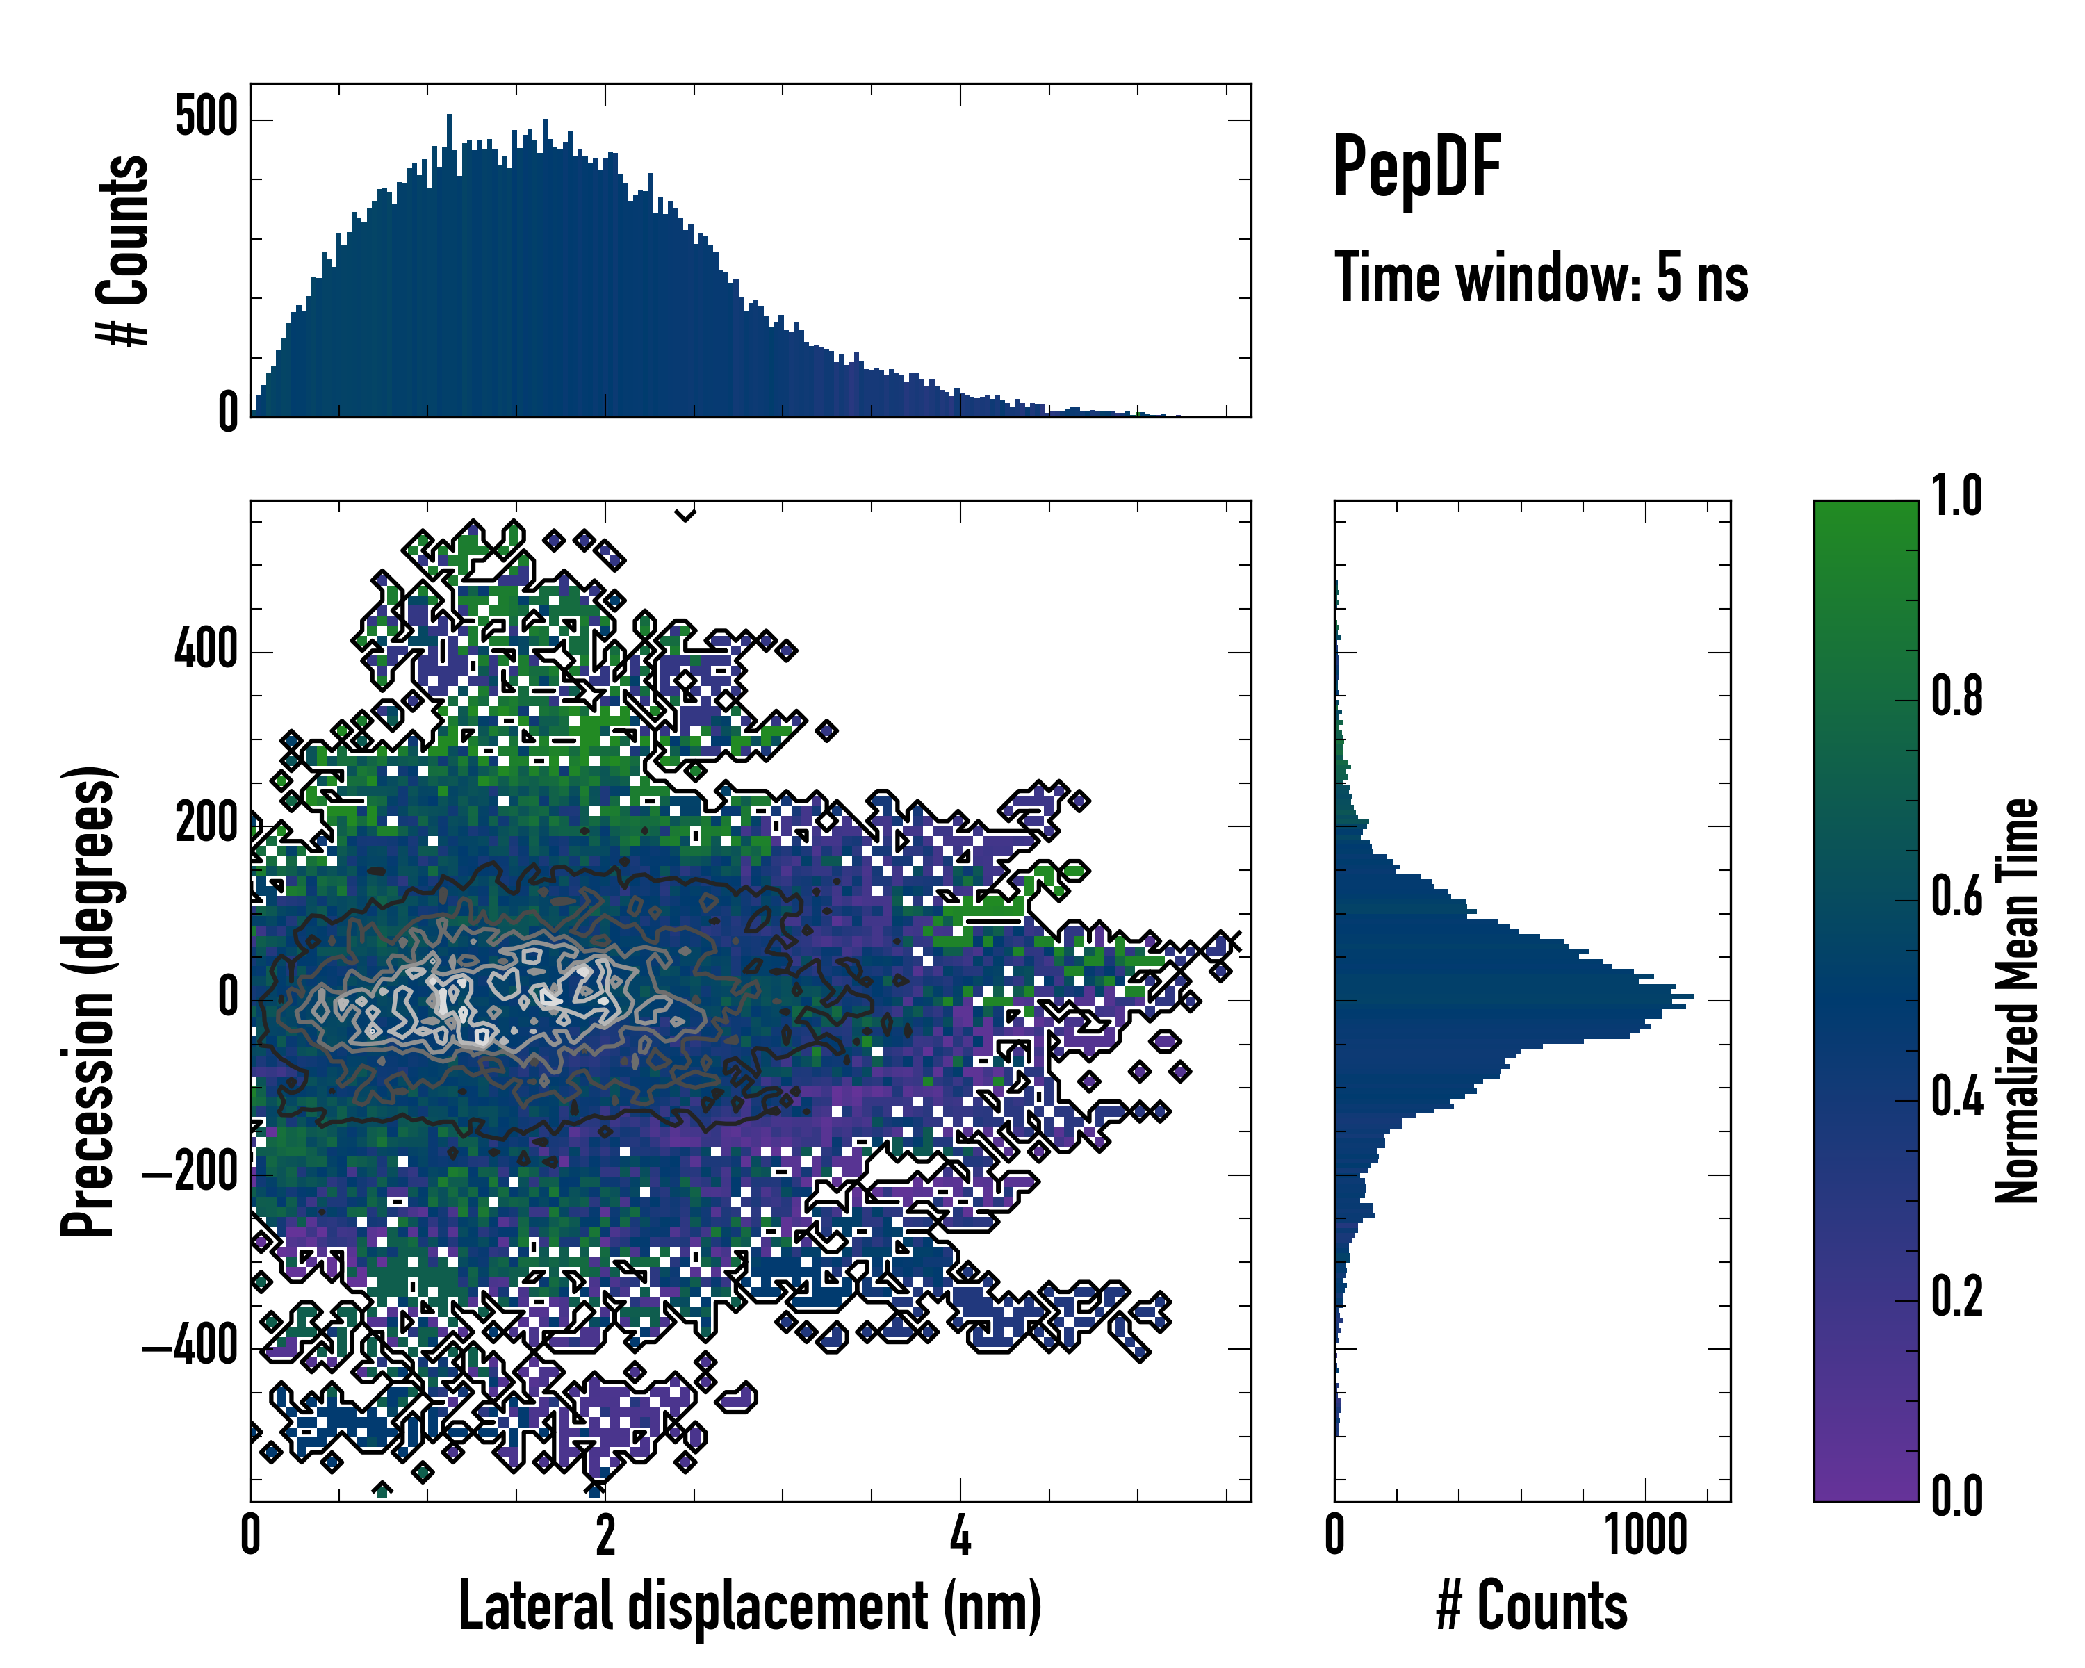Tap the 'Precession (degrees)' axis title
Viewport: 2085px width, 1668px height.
coord(89,1000)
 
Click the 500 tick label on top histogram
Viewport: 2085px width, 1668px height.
coord(206,118)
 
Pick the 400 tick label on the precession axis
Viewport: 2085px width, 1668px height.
coord(206,649)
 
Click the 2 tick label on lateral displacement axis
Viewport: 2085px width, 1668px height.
coord(605,1535)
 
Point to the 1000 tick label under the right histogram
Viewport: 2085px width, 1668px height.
coord(1646,1535)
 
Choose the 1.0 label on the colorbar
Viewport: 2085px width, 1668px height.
coord(1956,496)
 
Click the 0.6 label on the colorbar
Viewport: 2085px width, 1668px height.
coord(1956,897)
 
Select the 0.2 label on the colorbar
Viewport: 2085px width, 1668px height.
coord(1956,1297)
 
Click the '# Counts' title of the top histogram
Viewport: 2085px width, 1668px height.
coord(124,250)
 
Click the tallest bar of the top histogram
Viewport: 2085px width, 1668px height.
coord(449,266)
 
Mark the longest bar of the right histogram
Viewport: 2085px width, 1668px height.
coord(1514,996)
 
